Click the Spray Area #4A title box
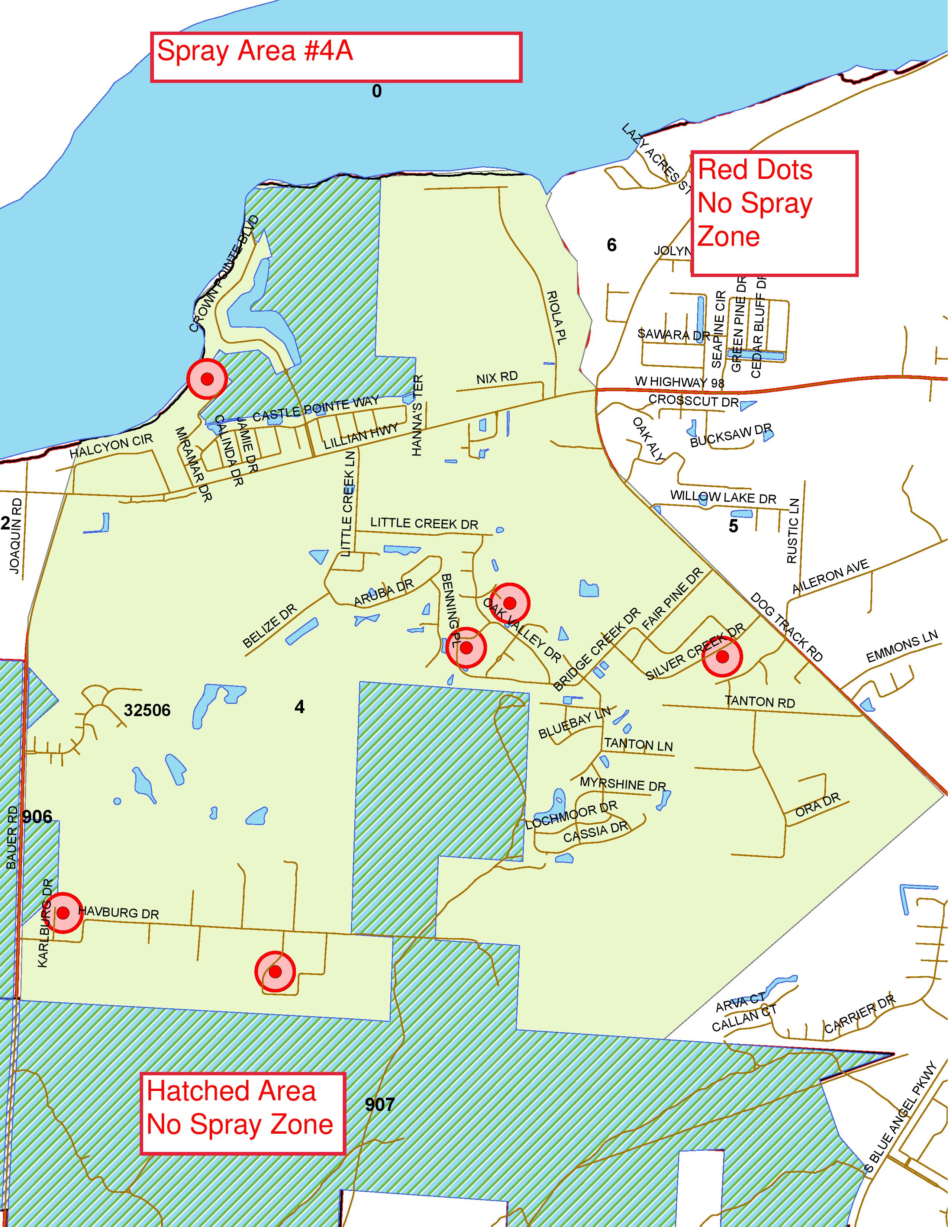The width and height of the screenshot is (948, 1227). click(336, 57)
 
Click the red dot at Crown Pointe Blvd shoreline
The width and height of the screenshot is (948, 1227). click(207, 379)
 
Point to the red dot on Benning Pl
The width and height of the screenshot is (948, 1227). click(466, 648)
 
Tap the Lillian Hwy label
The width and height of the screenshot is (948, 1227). click(361, 437)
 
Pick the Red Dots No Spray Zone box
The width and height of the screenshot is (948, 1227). click(774, 213)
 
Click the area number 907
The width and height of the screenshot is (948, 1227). click(380, 1105)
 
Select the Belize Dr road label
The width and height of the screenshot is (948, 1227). click(269, 627)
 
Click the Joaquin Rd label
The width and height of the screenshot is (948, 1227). click(16, 535)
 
